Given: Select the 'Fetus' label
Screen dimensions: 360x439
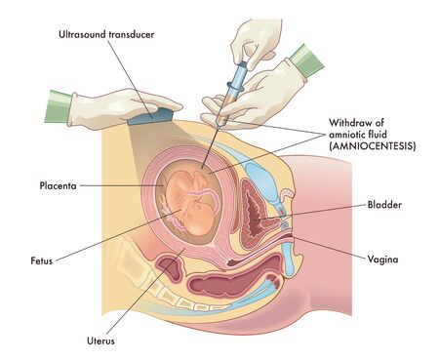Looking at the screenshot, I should (x=40, y=260).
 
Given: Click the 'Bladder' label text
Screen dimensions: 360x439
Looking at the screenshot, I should (x=384, y=205).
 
